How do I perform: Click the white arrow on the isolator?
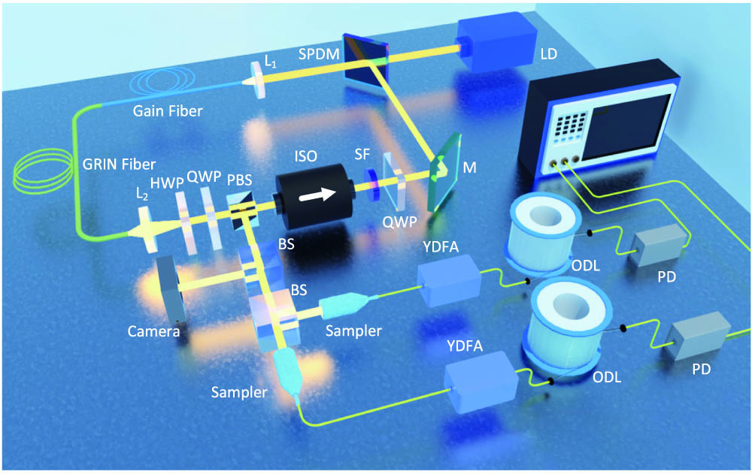click(x=317, y=195)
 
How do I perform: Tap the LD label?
click(x=549, y=53)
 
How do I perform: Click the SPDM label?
click(x=319, y=54)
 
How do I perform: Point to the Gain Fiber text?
click(x=168, y=111)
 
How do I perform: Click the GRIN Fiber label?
click(x=119, y=165)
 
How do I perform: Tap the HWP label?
click(x=166, y=183)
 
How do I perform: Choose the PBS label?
click(x=239, y=180)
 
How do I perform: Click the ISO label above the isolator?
click(x=306, y=155)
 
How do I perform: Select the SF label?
click(x=362, y=154)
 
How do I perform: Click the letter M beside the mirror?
click(x=469, y=168)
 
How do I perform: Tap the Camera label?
click(x=153, y=331)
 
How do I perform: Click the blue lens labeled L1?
click(x=259, y=80)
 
